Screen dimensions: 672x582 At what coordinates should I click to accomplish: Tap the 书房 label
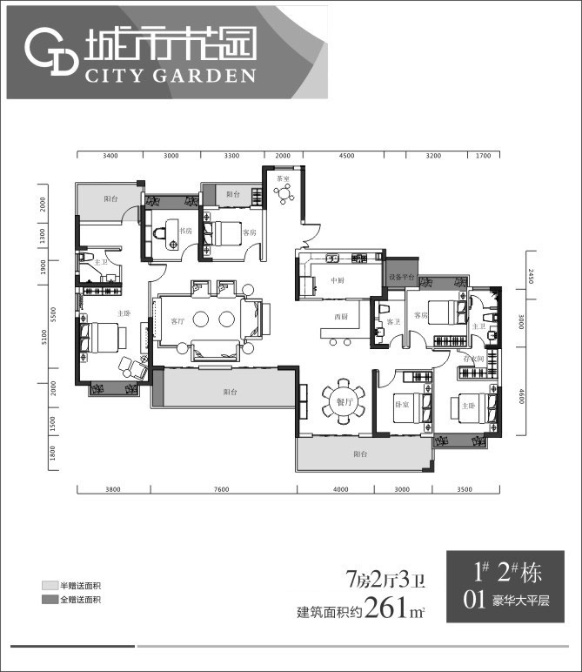185,232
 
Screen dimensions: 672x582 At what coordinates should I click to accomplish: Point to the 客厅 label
177,322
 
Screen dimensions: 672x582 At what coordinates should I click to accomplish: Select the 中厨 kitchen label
338,280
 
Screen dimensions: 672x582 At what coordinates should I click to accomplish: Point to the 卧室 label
402,406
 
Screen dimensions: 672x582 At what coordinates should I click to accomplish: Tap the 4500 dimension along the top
346,156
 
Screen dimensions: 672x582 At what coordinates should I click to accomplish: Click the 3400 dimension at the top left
110,156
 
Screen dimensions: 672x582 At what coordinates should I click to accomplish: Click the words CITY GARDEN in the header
171,75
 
